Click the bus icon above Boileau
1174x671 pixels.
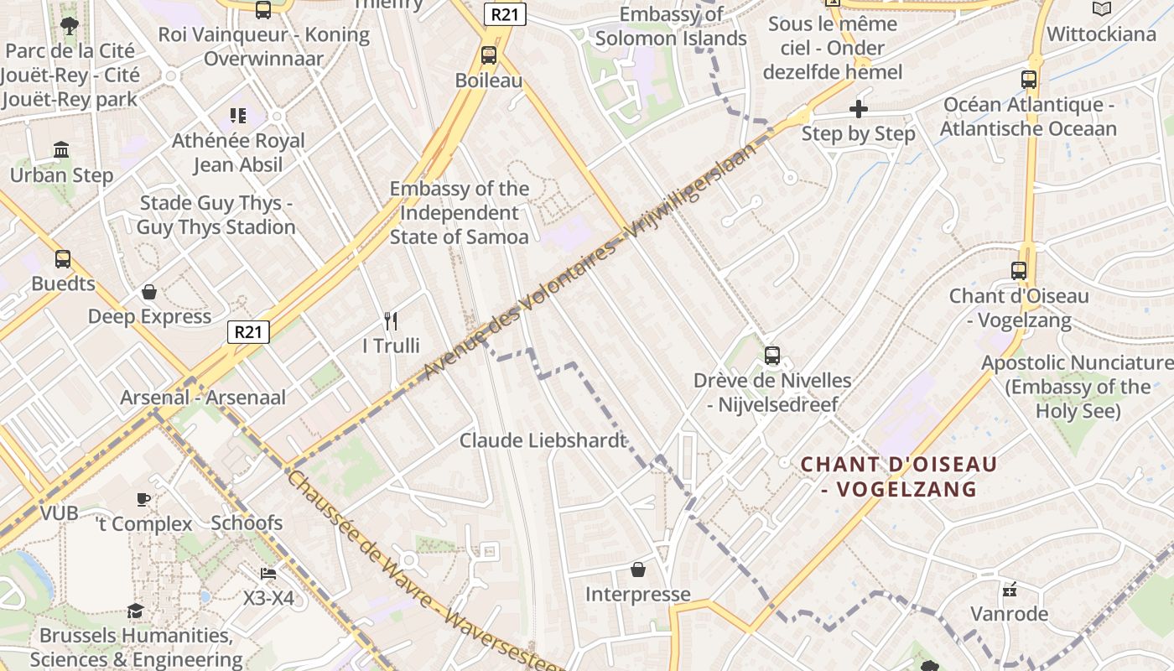coord(488,55)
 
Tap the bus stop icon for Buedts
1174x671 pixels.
coord(63,259)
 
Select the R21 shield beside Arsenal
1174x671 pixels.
coord(248,331)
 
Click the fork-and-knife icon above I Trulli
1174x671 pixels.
coord(390,320)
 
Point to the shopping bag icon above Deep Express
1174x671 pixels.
coord(149,292)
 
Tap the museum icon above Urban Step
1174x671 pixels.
coord(61,150)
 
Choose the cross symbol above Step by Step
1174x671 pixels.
coord(858,109)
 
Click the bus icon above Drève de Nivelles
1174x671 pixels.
coord(772,356)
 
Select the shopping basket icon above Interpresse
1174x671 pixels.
coord(638,570)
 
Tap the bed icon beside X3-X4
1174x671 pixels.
coord(268,574)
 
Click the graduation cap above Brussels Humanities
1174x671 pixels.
coord(135,611)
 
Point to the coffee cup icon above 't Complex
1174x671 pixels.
coord(143,499)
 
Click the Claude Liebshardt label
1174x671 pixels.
coord(543,440)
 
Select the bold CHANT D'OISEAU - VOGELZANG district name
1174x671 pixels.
coord(899,476)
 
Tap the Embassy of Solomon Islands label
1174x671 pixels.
coord(671,26)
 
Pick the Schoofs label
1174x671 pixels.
coord(247,523)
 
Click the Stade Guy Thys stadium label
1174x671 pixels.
coord(216,215)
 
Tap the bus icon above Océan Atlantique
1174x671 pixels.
coord(1028,80)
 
